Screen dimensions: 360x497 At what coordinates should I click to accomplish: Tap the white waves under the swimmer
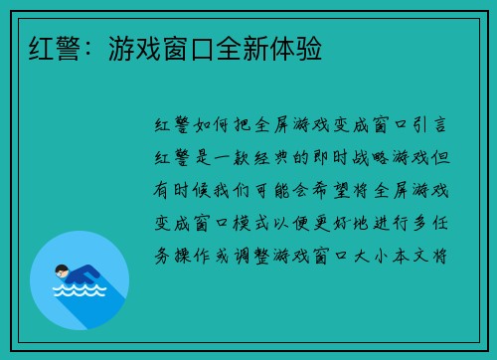(80, 292)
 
